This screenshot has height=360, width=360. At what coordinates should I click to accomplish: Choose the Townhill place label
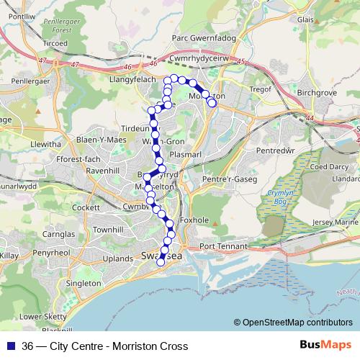click(109, 229)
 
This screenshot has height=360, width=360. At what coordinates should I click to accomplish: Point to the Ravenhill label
click(102, 171)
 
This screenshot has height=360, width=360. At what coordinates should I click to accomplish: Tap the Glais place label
click(305, 20)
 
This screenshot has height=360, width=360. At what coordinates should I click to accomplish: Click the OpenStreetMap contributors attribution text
click(293, 323)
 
